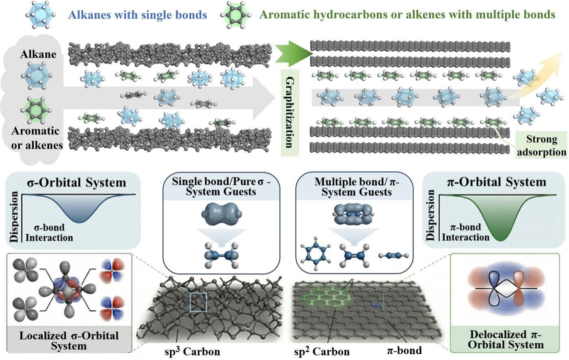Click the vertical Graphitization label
tap(290, 113)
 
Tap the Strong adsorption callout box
tap(541, 145)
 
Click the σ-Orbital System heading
tap(76, 182)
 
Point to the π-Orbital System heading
tap(496, 182)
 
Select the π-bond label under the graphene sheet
tap(404, 350)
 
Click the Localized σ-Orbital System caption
tap(69, 340)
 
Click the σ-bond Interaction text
tap(49, 232)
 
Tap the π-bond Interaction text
tap(465, 232)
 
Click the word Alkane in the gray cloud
tap(38, 54)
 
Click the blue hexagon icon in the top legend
tap(40, 15)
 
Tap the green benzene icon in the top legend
tap(236, 15)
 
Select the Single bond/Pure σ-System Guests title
tap(221, 187)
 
